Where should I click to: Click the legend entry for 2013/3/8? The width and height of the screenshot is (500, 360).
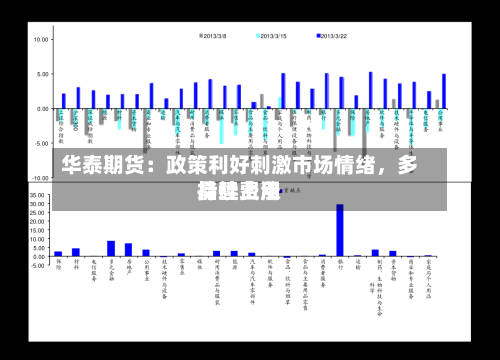[213, 37]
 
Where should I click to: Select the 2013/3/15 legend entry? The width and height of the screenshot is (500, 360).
[271, 37]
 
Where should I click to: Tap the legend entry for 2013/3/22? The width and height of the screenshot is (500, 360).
[331, 37]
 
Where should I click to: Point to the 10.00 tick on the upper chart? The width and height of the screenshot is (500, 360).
[42, 40]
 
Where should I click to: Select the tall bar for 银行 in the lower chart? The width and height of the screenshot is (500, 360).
[340, 230]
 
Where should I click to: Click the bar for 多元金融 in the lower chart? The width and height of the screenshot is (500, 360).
[110, 249]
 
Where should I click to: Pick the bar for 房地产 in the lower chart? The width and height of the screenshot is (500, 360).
[128, 250]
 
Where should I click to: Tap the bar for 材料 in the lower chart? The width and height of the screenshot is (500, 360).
[76, 252]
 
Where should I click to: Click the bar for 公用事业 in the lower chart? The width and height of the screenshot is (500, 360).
[146, 253]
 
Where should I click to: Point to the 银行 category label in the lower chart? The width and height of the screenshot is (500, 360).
[340, 268]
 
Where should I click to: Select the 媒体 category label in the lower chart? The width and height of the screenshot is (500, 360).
[199, 268]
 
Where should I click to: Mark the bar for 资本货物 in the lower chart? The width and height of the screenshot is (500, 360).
[393, 253]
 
